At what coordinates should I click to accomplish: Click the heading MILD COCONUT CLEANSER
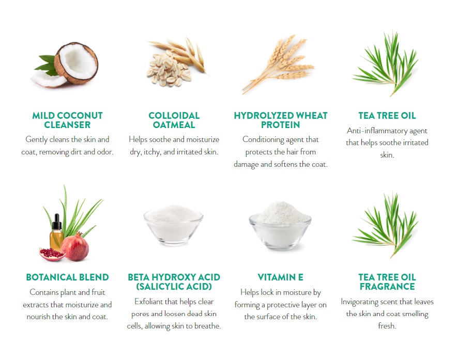pos(67,120)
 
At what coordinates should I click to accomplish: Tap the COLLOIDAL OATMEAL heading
pos(174,120)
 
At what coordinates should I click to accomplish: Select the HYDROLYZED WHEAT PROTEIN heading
pos(280,120)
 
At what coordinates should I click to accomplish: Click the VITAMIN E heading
pos(280,277)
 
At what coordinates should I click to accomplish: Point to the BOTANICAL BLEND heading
pos(67,277)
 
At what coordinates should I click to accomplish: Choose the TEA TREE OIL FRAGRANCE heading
pos(387,282)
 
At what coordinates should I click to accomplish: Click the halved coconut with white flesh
pos(76,63)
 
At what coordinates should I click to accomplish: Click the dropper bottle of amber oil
pos(57,232)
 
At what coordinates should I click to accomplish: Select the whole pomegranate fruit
pos(75,247)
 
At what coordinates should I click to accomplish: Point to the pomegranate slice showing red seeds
pos(52,255)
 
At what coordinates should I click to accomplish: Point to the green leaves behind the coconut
pos(46,65)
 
